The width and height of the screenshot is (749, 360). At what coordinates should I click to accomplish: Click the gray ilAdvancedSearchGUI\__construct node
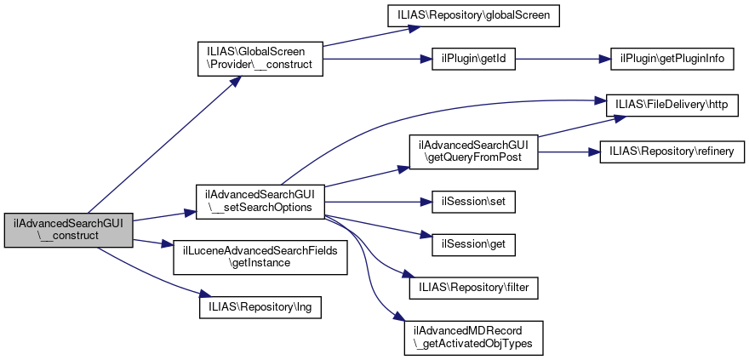(68, 230)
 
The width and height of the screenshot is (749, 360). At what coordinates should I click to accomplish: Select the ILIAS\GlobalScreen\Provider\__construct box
(260, 59)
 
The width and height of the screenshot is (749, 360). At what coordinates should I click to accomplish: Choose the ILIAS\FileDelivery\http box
(672, 105)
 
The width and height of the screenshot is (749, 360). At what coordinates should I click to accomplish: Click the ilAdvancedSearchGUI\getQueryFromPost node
(473, 151)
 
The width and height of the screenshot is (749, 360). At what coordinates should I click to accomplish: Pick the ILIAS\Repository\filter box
(473, 288)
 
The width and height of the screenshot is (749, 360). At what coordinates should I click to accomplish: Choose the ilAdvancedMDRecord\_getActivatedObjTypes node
(473, 337)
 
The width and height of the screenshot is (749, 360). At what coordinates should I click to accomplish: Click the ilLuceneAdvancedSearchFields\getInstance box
(260, 256)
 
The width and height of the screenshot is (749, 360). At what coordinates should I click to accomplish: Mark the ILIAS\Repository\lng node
(260, 305)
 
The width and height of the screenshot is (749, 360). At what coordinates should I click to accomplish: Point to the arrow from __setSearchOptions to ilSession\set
(374, 203)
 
